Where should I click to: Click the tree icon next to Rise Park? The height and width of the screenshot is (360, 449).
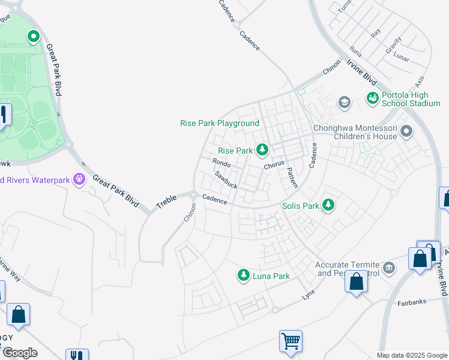pyautogui.click(x=262, y=149)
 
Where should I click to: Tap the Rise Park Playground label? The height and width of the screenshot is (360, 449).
pyautogui.click(x=220, y=123)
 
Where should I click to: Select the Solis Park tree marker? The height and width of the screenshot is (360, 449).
pyautogui.click(x=328, y=205)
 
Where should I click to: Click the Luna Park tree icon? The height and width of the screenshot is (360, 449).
pyautogui.click(x=244, y=275)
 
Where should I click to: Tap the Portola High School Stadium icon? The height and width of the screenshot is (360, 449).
pyautogui.click(x=372, y=97)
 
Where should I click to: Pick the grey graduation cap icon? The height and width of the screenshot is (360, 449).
pyautogui.click(x=344, y=102)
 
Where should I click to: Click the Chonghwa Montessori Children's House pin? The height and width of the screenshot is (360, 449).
pyautogui.click(x=406, y=130)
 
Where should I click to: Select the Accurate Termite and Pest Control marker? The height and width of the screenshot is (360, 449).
pyautogui.click(x=388, y=266)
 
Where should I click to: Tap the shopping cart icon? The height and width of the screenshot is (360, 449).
pyautogui.click(x=291, y=341)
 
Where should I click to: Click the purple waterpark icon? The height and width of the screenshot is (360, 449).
pyautogui.click(x=78, y=179)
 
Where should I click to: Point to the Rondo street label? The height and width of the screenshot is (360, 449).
pyautogui.click(x=221, y=163)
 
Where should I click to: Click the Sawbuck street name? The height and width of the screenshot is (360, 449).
pyautogui.click(x=226, y=180)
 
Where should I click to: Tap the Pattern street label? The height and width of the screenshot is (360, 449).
pyautogui.click(x=291, y=176)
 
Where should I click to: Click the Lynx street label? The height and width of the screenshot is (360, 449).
pyautogui.click(x=309, y=295)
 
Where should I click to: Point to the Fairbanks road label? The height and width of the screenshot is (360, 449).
pyautogui.click(x=412, y=304)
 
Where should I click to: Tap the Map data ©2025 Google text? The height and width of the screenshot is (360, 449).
pyautogui.click(x=412, y=355)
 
